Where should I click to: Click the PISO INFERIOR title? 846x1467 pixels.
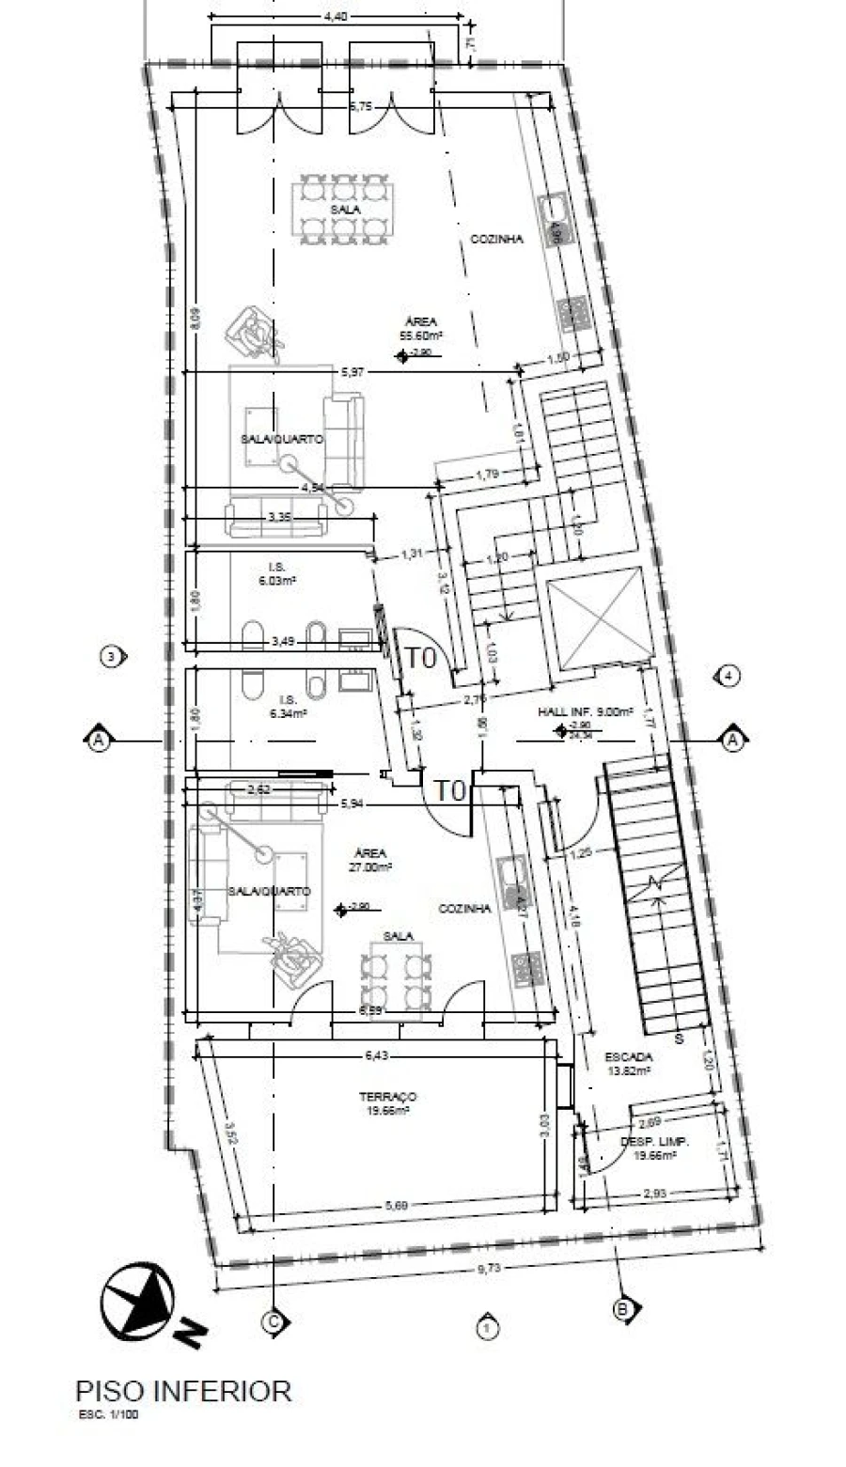[x=183, y=1390]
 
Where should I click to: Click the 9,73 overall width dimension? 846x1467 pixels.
[x=488, y=1269]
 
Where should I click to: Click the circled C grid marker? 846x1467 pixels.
[x=274, y=1321]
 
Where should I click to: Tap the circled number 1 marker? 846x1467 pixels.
[x=486, y=1328]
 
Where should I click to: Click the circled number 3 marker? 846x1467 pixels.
[x=112, y=656]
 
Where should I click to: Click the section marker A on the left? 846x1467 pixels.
[x=97, y=741]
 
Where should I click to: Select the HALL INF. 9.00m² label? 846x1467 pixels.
[x=585, y=712]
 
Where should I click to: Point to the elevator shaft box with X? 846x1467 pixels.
[x=599, y=619]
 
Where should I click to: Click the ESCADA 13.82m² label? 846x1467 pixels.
[x=627, y=1063]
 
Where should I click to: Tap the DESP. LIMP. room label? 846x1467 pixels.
[x=654, y=1147]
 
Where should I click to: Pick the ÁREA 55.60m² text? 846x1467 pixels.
[x=421, y=328]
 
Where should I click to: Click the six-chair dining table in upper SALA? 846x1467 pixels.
[x=342, y=208]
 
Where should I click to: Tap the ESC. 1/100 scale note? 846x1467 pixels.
[x=107, y=1412]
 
